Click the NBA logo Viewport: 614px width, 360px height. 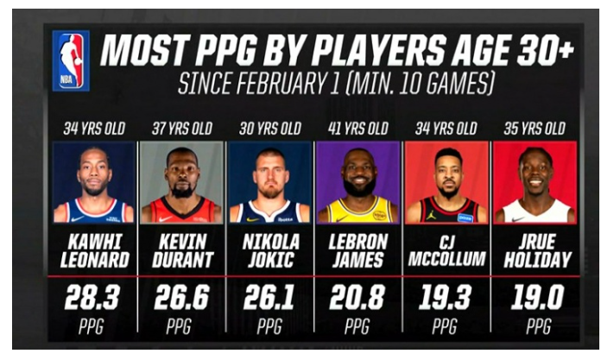coord(72,60)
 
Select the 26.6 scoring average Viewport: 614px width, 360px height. coord(181,297)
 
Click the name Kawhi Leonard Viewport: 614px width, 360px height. coord(94,249)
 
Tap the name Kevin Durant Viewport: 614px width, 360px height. coord(181,249)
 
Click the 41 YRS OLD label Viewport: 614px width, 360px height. coord(357,129)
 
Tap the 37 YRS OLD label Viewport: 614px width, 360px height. coord(181,129)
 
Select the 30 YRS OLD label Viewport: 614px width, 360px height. coord(269,129)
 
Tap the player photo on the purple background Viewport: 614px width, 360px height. coord(357,183)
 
